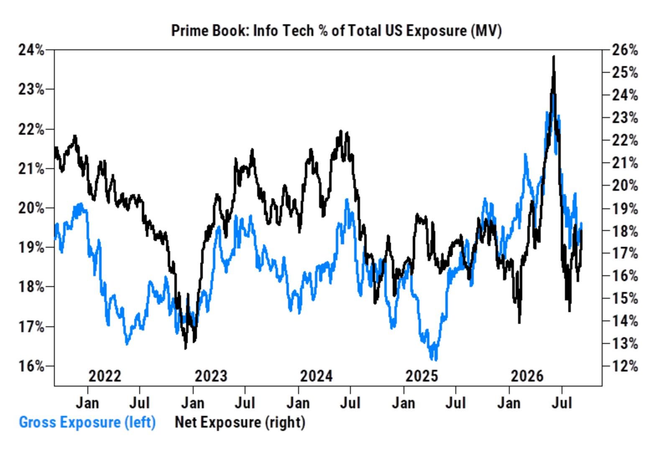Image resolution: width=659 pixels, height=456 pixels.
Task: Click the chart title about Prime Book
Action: point(336,31)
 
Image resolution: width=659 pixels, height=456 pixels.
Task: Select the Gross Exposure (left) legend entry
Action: point(87,423)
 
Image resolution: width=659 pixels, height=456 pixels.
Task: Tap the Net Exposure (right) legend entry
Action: point(240,423)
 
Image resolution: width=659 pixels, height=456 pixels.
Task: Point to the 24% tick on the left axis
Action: point(31,50)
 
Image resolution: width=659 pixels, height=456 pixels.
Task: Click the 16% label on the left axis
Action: point(31,366)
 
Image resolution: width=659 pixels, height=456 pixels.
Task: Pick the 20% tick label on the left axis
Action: point(31,208)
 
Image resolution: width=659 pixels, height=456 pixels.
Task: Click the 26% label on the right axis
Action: point(625,50)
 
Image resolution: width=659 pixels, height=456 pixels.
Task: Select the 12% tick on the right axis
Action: point(625,366)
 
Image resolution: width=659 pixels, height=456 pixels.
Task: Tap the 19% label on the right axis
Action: point(625,208)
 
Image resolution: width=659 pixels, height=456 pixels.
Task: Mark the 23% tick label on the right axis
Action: point(625,118)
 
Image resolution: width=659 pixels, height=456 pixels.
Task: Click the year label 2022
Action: point(105,376)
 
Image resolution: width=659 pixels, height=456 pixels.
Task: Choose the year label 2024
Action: point(316,376)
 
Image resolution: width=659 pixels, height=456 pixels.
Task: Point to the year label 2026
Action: point(527,376)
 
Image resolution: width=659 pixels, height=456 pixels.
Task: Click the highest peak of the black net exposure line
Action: point(554,56)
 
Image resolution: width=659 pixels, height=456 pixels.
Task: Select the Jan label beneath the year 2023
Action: point(193,403)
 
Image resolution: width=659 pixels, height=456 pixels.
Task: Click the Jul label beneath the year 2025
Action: point(455,403)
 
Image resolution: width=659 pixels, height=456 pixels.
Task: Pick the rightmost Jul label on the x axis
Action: point(562,403)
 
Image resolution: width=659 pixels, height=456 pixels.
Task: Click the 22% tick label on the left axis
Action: point(31,129)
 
